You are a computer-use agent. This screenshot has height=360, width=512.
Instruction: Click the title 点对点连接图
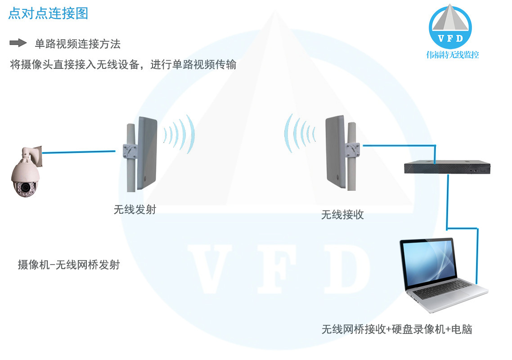(x=48, y=13)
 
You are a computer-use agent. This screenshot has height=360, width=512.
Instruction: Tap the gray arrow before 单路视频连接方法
(x=18, y=43)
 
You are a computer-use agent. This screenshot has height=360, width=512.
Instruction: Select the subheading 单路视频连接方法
(x=77, y=44)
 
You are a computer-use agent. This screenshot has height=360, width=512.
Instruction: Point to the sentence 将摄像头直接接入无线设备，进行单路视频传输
(x=123, y=64)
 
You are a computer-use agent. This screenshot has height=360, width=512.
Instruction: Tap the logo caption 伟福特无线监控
(x=452, y=55)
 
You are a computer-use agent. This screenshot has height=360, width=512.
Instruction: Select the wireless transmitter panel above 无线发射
(x=147, y=153)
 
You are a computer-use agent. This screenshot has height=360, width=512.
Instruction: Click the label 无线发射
(x=135, y=209)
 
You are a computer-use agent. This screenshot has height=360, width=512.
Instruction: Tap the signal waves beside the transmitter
(x=180, y=134)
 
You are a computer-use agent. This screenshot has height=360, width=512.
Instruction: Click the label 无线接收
(x=342, y=215)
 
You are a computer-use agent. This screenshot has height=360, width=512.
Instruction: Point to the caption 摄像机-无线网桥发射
(x=68, y=265)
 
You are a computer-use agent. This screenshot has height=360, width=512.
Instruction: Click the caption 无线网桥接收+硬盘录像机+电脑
(x=396, y=329)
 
